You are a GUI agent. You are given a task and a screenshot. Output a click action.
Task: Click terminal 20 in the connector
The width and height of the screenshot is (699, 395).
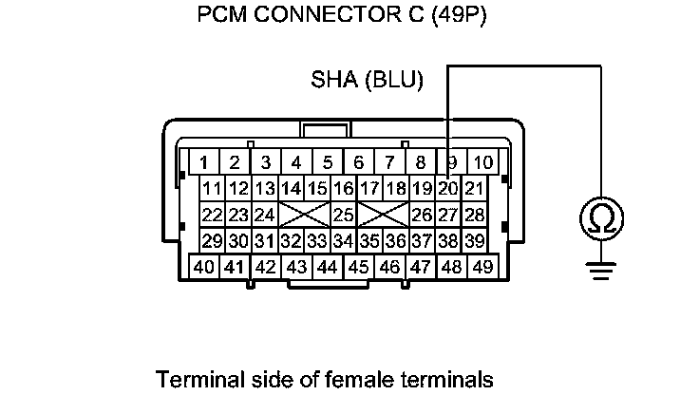coord(448,188)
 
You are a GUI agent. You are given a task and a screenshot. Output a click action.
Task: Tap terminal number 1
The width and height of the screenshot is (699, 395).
coord(204,161)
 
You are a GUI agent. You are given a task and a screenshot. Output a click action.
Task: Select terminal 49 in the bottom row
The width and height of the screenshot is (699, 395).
coord(482,267)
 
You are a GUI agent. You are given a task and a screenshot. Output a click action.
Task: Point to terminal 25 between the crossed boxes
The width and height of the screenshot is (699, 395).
coord(343,215)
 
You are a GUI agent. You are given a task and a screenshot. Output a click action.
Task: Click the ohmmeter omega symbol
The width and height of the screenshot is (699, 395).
coord(600,220)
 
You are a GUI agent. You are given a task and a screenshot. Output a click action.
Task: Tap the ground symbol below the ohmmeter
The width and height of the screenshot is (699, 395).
coord(600,272)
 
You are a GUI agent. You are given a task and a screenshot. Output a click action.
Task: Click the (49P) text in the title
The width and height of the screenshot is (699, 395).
coord(459,16)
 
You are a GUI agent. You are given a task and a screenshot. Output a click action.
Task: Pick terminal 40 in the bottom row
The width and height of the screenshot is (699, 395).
coord(204,267)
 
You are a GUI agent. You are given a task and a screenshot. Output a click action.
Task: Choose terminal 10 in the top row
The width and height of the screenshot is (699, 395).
coord(482,161)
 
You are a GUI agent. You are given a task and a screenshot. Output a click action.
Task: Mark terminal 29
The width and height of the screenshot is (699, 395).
coord(212,241)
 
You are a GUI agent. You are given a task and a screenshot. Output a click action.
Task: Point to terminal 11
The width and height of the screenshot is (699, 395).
coord(212,188)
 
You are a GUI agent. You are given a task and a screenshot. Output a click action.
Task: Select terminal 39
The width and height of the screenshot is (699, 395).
coord(474,241)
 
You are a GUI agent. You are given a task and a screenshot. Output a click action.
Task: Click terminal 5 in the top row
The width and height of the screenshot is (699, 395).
coord(328,161)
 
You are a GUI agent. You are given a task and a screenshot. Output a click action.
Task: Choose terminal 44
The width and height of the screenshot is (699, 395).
coord(328,267)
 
